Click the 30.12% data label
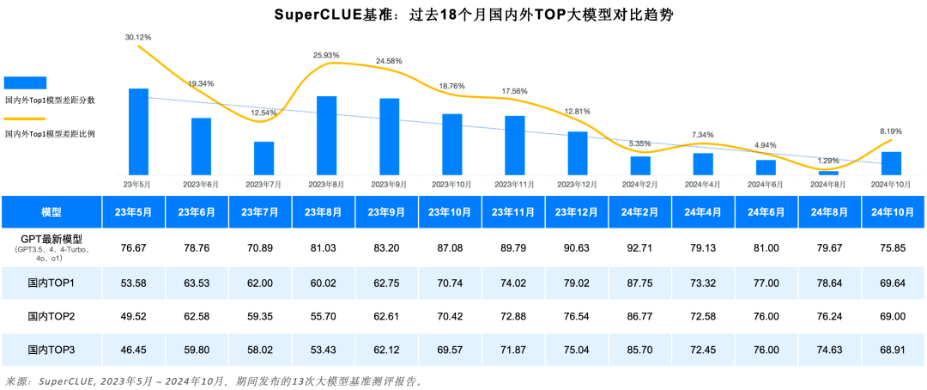(x=137, y=38)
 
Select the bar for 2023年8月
(x=327, y=135)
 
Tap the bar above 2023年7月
(x=264, y=158)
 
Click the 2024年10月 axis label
(x=890, y=184)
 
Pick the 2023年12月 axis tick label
(x=576, y=184)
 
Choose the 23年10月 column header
(x=451, y=212)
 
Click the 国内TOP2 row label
(x=51, y=317)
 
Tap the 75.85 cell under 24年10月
(x=894, y=247)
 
